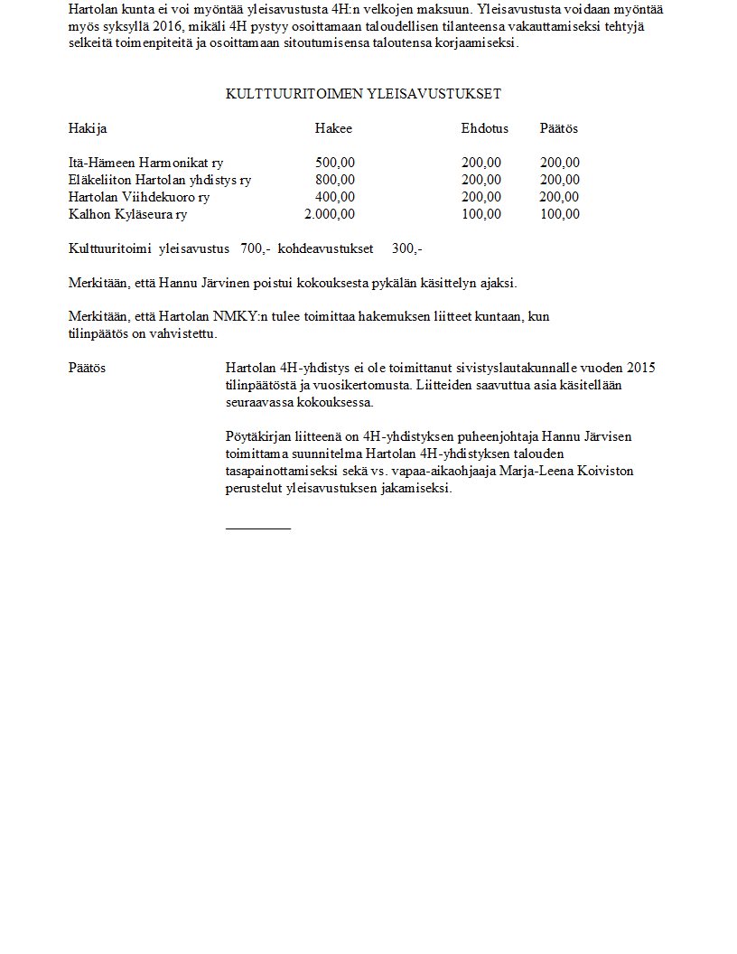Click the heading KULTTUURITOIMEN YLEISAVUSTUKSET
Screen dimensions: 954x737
[x=363, y=94]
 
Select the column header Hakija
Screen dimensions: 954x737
[x=88, y=128]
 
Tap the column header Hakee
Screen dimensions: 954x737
[x=333, y=128]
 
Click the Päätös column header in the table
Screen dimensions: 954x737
[x=559, y=128]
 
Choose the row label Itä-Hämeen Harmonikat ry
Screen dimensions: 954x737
[x=146, y=163]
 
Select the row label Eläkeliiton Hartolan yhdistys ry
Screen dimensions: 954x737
[x=160, y=180]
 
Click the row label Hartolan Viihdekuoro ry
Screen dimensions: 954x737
[x=139, y=197]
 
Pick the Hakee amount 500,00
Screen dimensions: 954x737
[x=335, y=163]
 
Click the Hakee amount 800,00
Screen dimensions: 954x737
[x=335, y=180]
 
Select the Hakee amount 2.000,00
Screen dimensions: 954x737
[x=330, y=214]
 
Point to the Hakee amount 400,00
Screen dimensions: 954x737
[x=335, y=197]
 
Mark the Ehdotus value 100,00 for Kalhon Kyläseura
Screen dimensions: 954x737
[x=481, y=214]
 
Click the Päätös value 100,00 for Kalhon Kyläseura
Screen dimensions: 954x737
[x=560, y=214]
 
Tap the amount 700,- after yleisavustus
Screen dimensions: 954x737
[x=256, y=248]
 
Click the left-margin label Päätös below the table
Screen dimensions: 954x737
[x=88, y=369]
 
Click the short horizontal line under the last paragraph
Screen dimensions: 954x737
[x=258, y=528]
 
